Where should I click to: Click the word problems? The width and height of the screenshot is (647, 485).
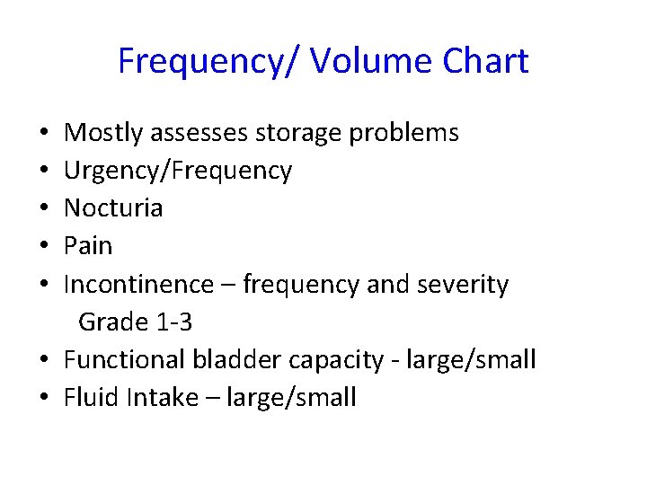tap(403, 134)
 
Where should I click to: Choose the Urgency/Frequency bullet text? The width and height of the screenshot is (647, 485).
tap(178, 172)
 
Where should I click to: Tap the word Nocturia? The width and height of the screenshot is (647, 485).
tap(113, 208)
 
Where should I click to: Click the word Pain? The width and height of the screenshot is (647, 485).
tap(88, 246)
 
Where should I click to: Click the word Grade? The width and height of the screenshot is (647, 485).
tap(112, 322)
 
